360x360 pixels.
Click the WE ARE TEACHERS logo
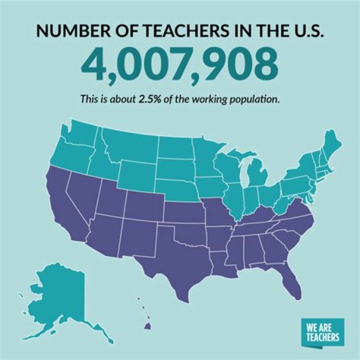click(323, 331)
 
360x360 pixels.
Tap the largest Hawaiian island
click(148, 326)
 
